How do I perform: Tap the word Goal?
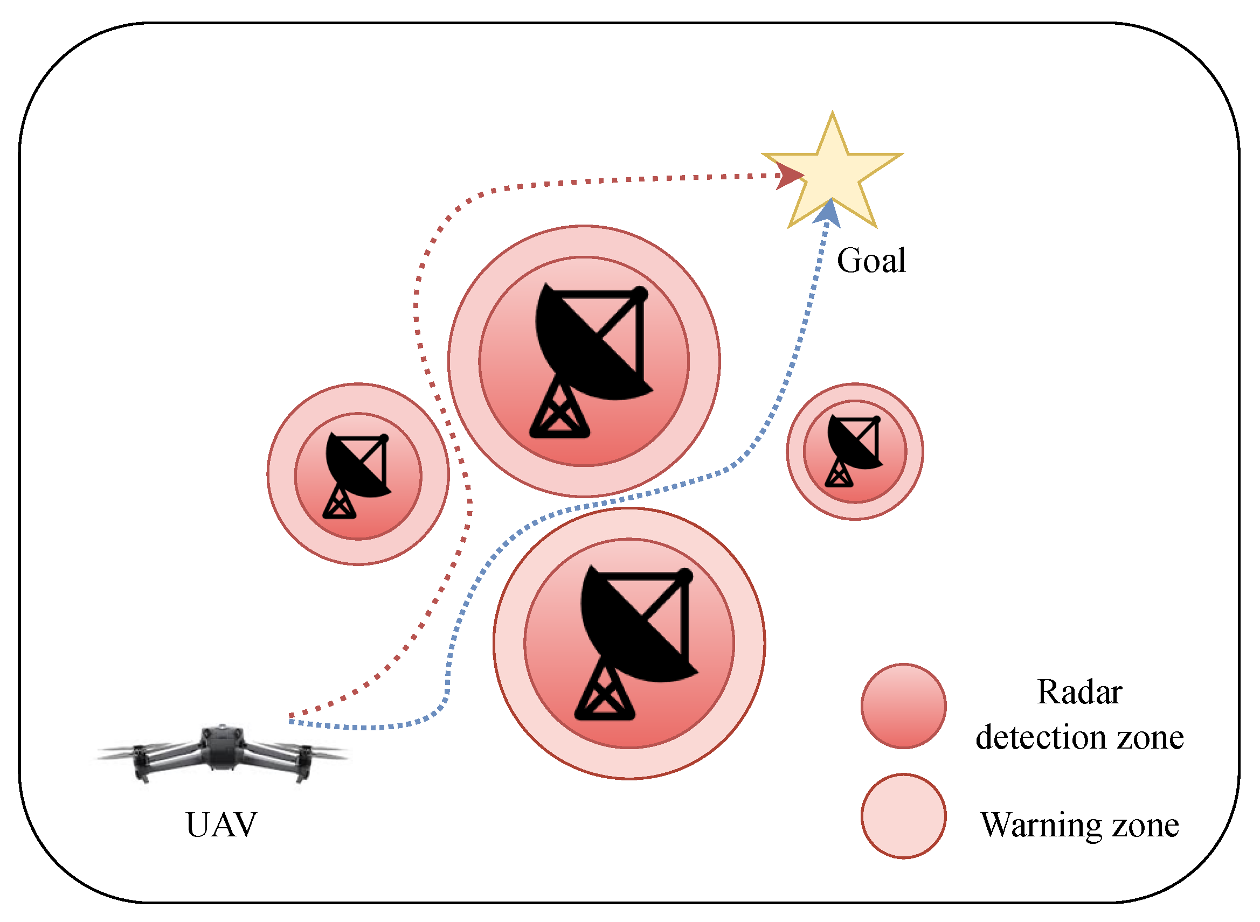point(871,261)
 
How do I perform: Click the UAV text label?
point(221,825)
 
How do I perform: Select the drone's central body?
point(222,744)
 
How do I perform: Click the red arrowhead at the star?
point(788,176)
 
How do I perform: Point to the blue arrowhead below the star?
point(828,213)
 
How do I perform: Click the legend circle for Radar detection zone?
point(904,706)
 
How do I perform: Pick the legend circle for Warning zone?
point(904,816)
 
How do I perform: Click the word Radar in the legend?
point(1079,692)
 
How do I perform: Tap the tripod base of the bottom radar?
point(604,693)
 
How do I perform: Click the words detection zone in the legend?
point(1079,738)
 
